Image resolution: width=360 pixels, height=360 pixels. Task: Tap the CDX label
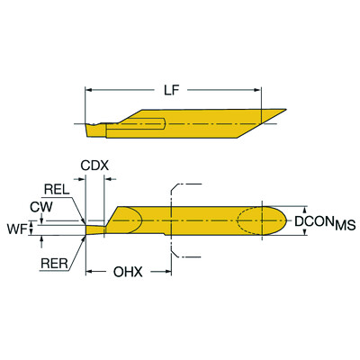[x=94, y=166]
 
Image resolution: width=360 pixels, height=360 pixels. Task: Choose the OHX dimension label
[x=126, y=270]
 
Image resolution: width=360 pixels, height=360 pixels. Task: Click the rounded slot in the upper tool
[x=148, y=123]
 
